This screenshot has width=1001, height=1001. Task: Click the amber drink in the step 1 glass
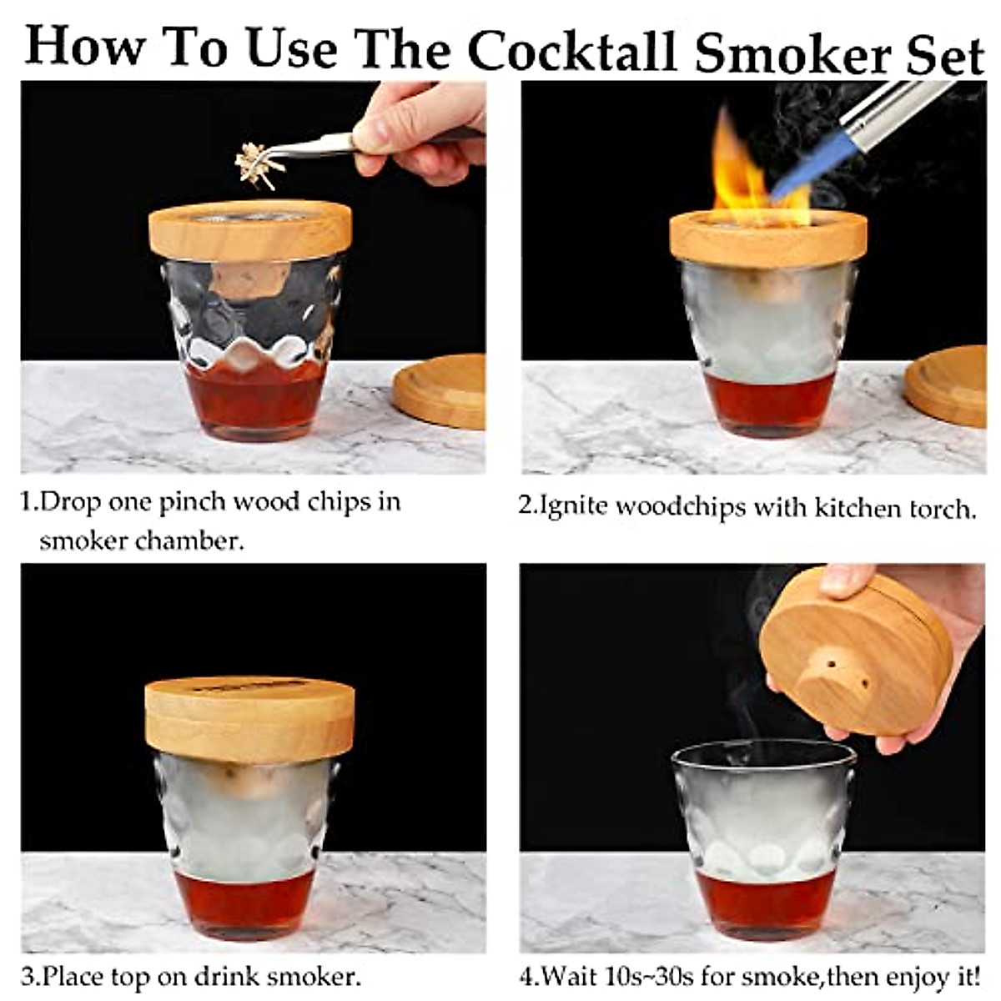[254, 400]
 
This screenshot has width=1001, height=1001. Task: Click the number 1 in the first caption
[28, 502]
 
